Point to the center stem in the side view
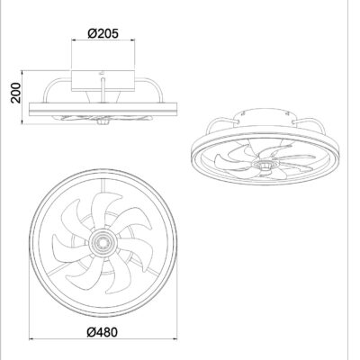click(x=104, y=94)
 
